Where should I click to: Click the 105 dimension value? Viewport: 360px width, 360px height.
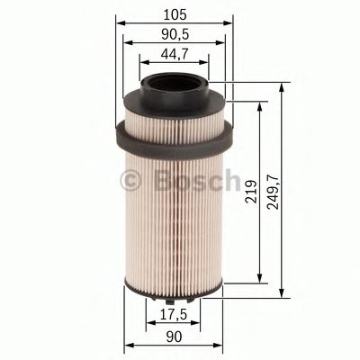175,13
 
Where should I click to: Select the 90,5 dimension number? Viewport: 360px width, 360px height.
175,34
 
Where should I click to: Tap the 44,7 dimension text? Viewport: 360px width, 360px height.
175,55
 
